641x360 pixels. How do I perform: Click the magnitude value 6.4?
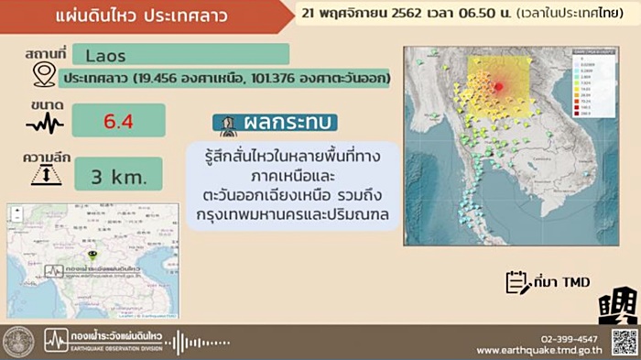(117, 120)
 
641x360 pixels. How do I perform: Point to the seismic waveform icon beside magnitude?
(44, 123)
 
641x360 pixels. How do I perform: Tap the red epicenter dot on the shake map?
(498, 87)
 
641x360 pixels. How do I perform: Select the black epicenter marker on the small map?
(92, 253)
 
